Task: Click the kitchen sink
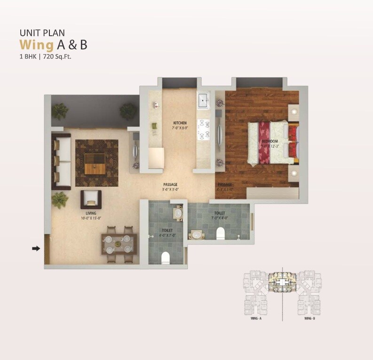pos(203,100)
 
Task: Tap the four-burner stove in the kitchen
pos(204,129)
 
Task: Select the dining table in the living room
pos(119,244)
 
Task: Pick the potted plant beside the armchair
pos(59,200)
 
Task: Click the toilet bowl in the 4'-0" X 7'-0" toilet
pos(165,257)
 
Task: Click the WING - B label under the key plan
pos(309,319)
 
